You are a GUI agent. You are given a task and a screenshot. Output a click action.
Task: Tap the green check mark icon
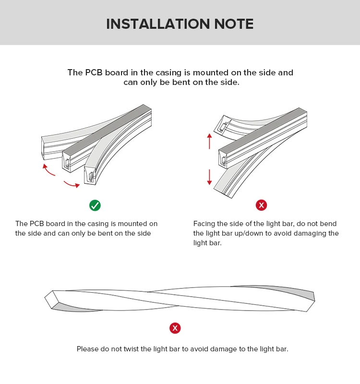pyautogui.click(x=95, y=205)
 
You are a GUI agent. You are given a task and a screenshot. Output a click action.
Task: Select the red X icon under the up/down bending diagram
pyautogui.click(x=261, y=205)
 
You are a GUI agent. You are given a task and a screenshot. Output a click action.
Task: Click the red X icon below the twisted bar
pyautogui.click(x=175, y=328)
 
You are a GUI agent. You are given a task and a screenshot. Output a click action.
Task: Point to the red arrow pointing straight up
pyautogui.click(x=209, y=141)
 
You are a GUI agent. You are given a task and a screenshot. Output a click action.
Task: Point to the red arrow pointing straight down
pyautogui.click(x=209, y=177)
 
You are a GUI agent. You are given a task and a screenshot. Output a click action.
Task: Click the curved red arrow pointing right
pyautogui.click(x=72, y=184)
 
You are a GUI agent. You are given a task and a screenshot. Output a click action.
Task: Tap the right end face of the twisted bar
pyautogui.click(x=311, y=301)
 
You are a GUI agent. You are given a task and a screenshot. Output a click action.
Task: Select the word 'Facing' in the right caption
pyautogui.click(x=204, y=224)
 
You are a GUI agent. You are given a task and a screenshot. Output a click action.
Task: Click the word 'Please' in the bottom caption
pyautogui.click(x=88, y=349)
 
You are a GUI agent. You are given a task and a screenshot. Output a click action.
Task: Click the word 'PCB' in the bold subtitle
pyautogui.click(x=95, y=73)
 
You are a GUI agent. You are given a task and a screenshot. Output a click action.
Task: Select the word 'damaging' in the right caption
pyautogui.click(x=308, y=233)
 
